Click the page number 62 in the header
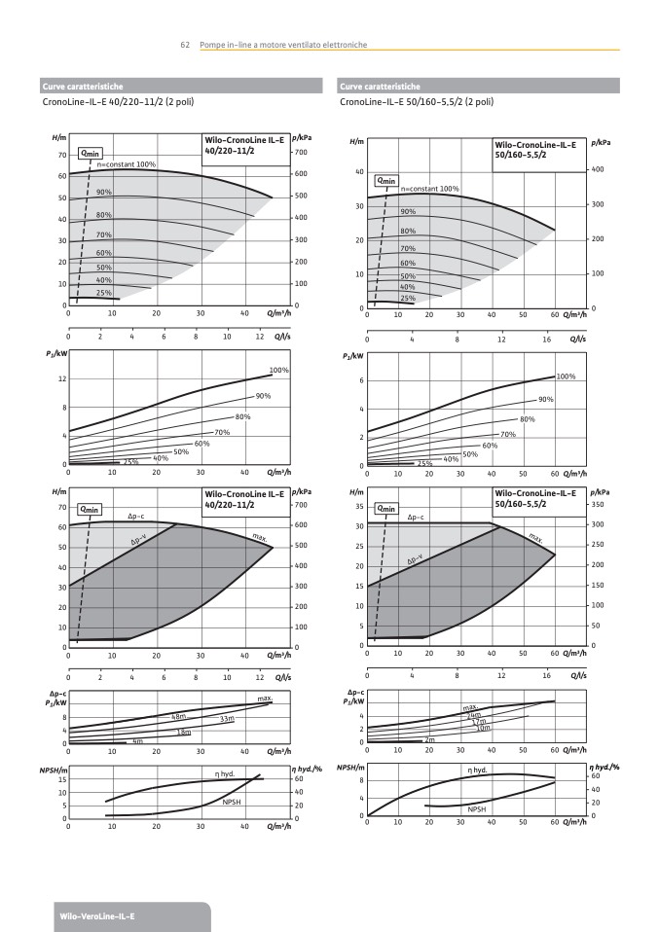[x=184, y=45]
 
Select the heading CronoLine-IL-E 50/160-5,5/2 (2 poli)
[x=417, y=101]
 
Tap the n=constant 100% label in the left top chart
[x=127, y=164]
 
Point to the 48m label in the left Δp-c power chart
[x=178, y=716]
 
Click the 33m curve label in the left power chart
[x=227, y=719]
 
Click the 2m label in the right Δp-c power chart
[x=429, y=740]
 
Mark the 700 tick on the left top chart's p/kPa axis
[x=302, y=154]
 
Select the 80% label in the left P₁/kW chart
[x=242, y=416]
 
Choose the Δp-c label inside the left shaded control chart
[x=136, y=515]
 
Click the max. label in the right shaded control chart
[x=535, y=536]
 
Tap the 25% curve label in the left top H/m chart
[x=104, y=292]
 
